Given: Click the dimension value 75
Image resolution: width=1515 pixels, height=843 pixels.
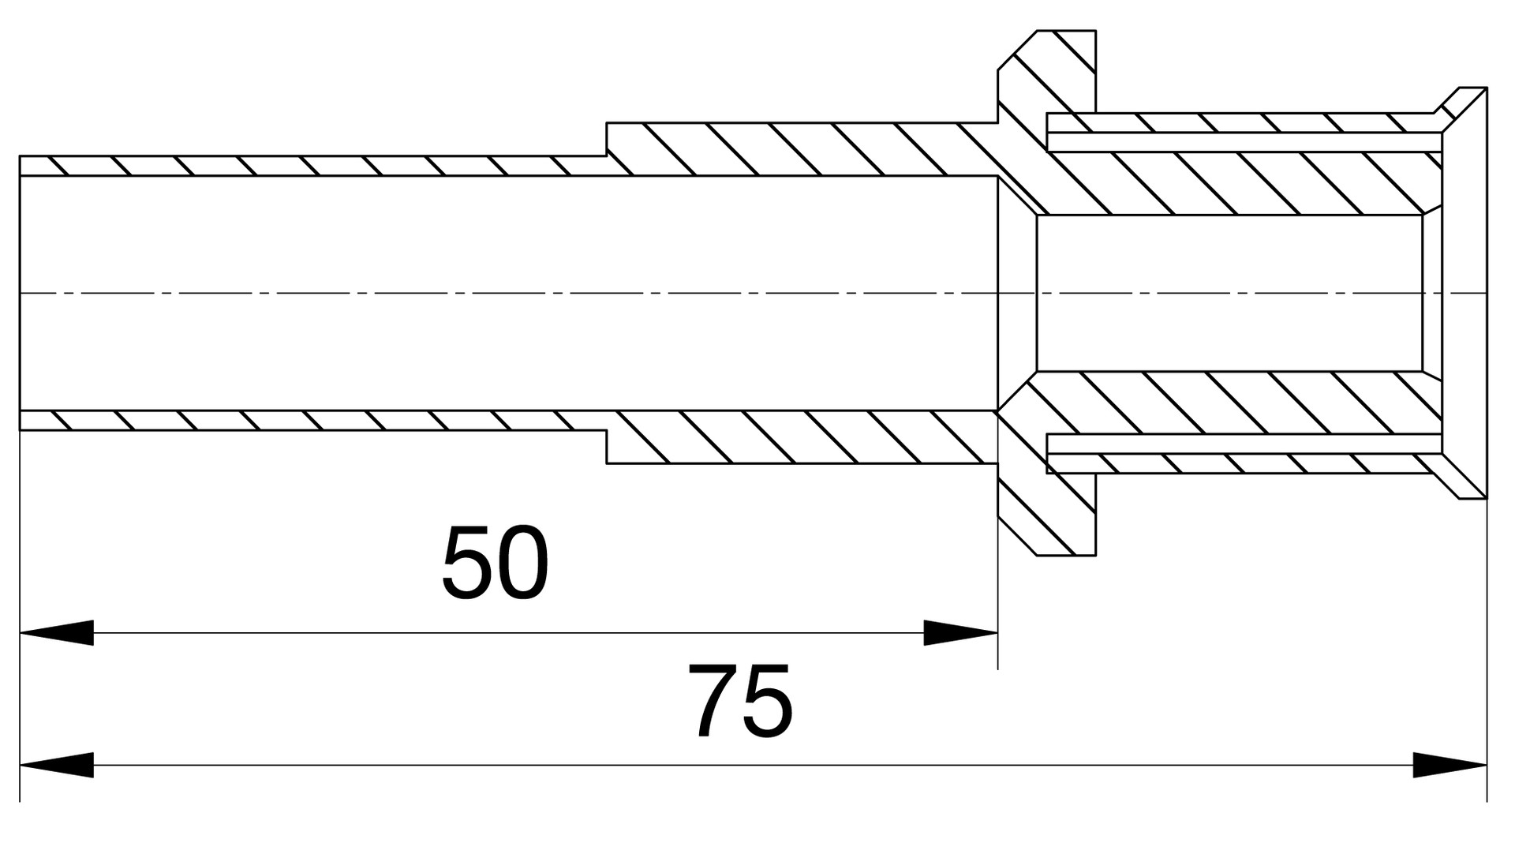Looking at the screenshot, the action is (x=740, y=701).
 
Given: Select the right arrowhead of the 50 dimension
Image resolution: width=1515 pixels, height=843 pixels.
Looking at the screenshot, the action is (x=960, y=633).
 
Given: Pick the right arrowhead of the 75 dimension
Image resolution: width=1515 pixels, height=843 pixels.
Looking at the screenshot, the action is (x=1450, y=765).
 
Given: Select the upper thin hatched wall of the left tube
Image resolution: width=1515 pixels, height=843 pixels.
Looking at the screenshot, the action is (x=312, y=166).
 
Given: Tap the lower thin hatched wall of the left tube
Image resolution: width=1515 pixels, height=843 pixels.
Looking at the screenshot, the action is (x=312, y=421).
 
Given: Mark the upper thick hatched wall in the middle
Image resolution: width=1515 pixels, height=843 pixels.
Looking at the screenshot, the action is (x=802, y=149).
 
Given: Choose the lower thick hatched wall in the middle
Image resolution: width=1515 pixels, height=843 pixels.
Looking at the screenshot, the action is (x=802, y=436).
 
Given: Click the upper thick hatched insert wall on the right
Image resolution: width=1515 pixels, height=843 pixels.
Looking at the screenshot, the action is (x=1239, y=182).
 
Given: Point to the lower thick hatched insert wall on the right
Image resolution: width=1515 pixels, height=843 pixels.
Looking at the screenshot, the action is (x=1239, y=403).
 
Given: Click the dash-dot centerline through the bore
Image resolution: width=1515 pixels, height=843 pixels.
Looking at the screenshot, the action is (x=754, y=293).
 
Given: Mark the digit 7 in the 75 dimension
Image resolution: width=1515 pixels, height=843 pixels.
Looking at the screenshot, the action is (x=713, y=701).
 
